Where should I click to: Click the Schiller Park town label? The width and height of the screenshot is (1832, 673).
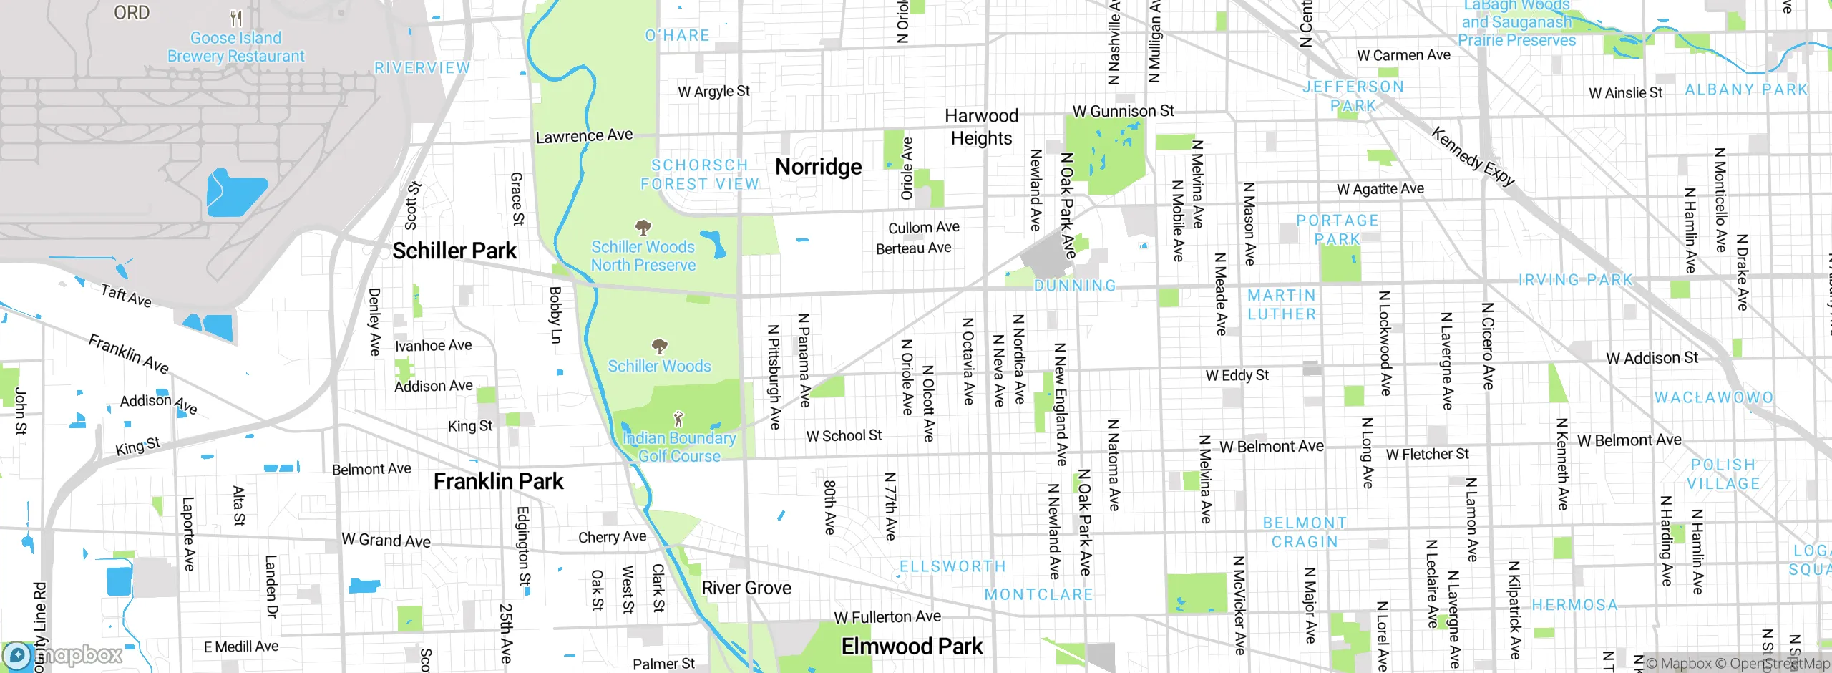click(454, 251)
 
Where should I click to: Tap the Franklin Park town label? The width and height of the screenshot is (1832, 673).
click(498, 482)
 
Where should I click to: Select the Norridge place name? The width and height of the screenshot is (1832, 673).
click(819, 167)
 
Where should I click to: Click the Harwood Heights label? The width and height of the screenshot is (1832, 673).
click(981, 127)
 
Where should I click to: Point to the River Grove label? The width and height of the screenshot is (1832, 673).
click(746, 589)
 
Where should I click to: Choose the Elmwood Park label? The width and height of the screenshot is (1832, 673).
click(912, 647)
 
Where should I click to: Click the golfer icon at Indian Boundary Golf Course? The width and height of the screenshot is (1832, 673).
click(678, 418)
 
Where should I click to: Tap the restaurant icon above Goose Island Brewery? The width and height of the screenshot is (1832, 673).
click(236, 18)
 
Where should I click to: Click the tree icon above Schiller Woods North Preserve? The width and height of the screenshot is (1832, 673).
click(643, 228)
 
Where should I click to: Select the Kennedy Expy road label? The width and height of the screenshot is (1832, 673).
click(1473, 157)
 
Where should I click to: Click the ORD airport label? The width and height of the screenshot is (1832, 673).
click(132, 13)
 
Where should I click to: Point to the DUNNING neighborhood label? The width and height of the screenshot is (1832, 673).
click(1075, 286)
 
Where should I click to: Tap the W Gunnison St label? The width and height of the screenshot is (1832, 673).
click(1123, 111)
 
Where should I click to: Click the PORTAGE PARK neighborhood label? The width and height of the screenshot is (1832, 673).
click(1338, 230)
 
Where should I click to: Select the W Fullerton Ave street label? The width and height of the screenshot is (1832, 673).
click(887, 617)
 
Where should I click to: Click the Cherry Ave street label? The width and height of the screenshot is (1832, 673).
click(612, 537)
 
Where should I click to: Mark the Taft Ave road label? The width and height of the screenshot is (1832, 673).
click(126, 296)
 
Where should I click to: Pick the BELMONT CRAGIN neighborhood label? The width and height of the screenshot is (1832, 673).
click(1305, 533)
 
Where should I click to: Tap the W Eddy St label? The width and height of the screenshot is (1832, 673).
click(1237, 375)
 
